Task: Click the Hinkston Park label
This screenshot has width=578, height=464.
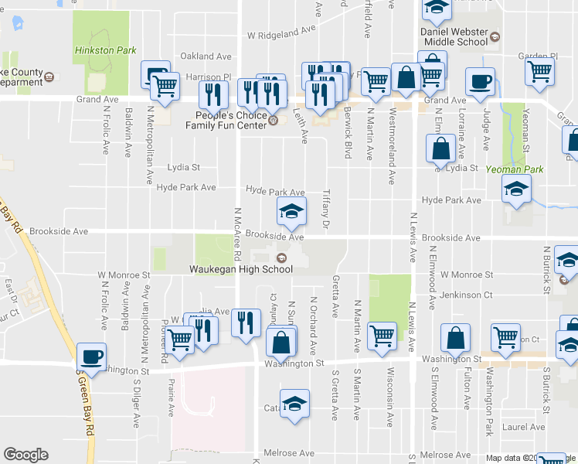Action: point(105,50)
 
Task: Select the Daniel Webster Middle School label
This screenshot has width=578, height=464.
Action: point(454,36)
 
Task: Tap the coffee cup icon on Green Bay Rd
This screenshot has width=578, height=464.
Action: point(92,357)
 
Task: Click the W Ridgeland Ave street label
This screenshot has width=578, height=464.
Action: point(283,34)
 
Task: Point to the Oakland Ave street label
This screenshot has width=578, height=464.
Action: point(206,56)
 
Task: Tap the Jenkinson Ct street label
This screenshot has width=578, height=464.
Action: point(466,295)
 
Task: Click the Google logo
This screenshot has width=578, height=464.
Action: point(25,455)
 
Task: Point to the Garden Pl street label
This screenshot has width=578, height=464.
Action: point(538,56)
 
